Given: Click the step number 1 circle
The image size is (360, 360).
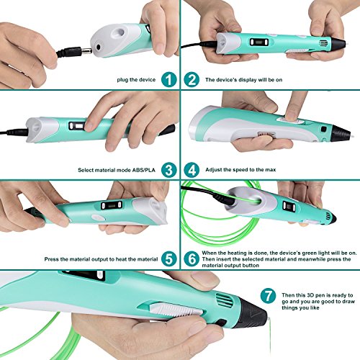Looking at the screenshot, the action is (169, 80).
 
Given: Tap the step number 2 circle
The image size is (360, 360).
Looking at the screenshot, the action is (192, 80).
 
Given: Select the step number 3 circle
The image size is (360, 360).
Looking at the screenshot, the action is (169, 170).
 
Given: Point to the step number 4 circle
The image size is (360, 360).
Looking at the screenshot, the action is (192, 170).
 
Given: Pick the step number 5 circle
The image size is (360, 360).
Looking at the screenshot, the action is (169, 259).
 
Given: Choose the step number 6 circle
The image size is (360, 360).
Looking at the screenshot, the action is (192, 259).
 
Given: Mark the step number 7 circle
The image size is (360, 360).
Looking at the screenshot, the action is (268, 296).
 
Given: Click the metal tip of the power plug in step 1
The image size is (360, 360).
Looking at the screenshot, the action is (86, 51).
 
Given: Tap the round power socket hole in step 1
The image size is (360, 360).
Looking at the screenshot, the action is (98, 47).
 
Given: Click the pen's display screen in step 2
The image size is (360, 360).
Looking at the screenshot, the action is (259, 42).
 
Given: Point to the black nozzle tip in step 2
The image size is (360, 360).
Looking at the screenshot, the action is (338, 44).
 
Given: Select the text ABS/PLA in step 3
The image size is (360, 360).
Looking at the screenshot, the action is (144, 170).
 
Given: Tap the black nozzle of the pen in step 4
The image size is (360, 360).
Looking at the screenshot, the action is (341, 133).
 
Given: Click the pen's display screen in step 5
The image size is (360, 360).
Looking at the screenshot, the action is (112, 205).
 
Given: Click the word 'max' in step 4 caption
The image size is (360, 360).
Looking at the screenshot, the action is (271, 170).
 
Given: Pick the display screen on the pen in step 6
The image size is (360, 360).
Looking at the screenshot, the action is (289, 206).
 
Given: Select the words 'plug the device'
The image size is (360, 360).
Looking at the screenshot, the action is (136, 80).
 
